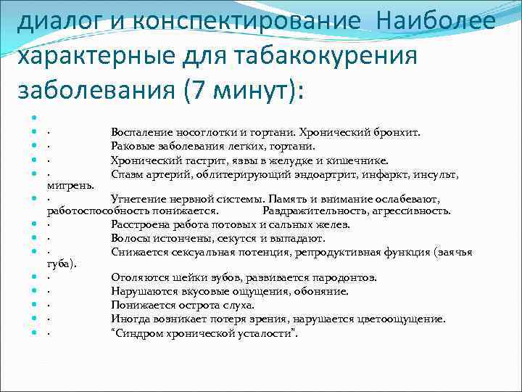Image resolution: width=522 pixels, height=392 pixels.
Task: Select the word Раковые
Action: click(x=133, y=147)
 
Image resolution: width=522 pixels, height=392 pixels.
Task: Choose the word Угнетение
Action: click(x=138, y=198)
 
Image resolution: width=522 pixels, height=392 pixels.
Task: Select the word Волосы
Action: click(x=130, y=238)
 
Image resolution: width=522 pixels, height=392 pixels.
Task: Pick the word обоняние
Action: click(x=324, y=291)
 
